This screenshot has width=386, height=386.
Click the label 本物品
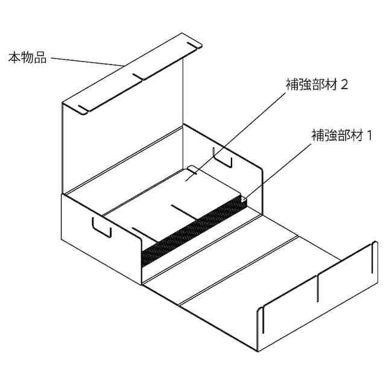tap(27, 58)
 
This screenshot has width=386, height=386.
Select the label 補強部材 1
tap(342, 136)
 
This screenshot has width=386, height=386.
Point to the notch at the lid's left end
tap(84, 110)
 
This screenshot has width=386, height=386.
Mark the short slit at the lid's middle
tap(139, 77)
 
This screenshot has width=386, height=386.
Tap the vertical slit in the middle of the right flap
tap(317, 287)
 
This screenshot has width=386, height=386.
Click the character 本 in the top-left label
tap(14, 58)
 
